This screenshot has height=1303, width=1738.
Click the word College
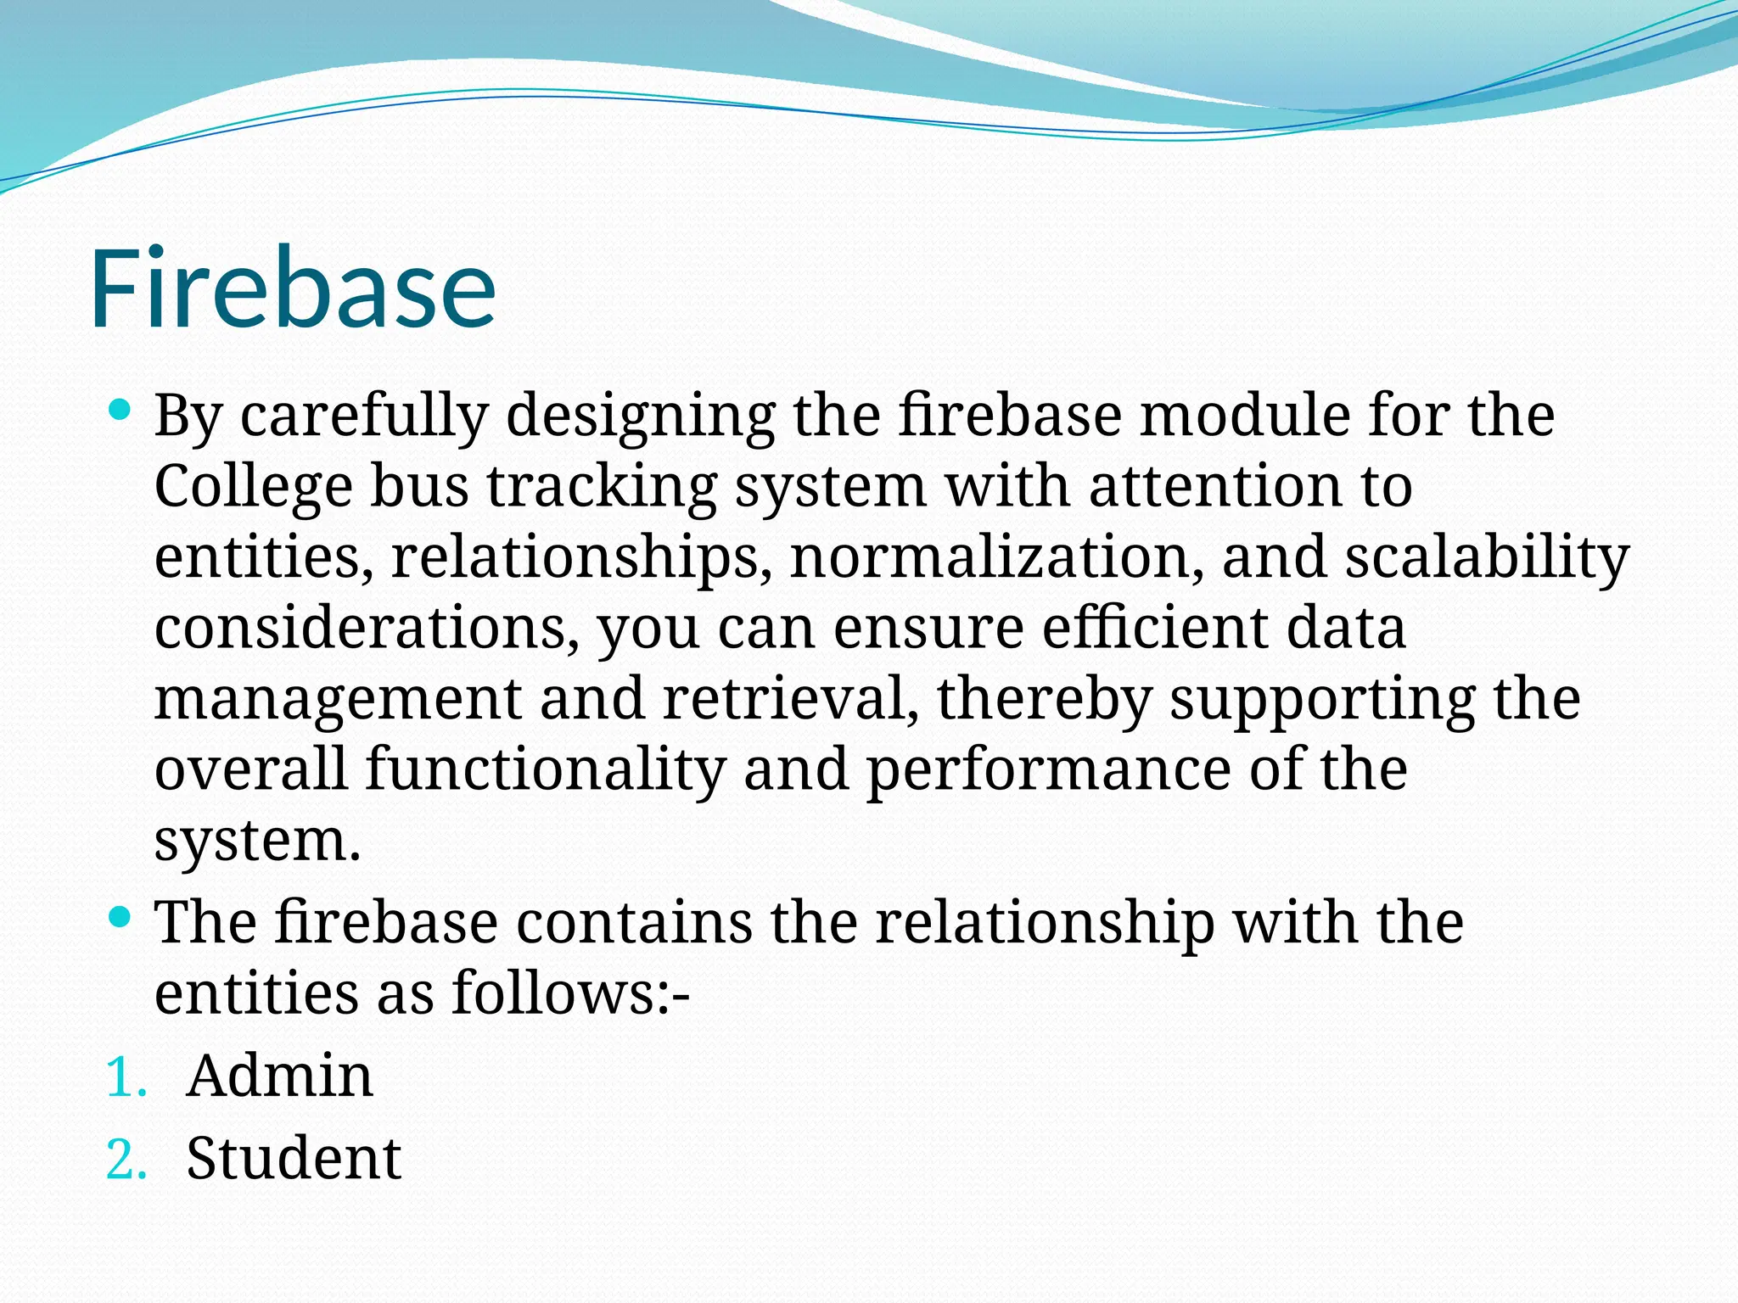(x=253, y=489)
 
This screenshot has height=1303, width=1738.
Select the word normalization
(x=995, y=557)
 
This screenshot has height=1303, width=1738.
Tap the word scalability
(x=1487, y=559)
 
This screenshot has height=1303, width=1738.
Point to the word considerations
(x=367, y=629)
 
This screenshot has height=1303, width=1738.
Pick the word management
(x=338, y=701)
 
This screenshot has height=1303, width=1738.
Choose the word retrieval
(x=790, y=699)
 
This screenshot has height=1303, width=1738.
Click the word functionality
(x=546, y=770)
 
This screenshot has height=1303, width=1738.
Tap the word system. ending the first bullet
(x=258, y=842)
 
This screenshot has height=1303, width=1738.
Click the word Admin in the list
(x=279, y=1077)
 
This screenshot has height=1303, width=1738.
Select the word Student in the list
(x=293, y=1159)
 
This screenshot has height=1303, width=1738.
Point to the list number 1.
(x=126, y=1079)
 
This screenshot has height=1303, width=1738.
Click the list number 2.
(x=126, y=1161)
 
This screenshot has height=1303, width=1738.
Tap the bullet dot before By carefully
(x=120, y=411)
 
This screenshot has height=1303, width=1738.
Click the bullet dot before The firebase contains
(x=120, y=916)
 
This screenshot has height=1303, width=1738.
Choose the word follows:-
(x=570, y=993)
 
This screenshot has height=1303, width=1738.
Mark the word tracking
(x=602, y=489)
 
